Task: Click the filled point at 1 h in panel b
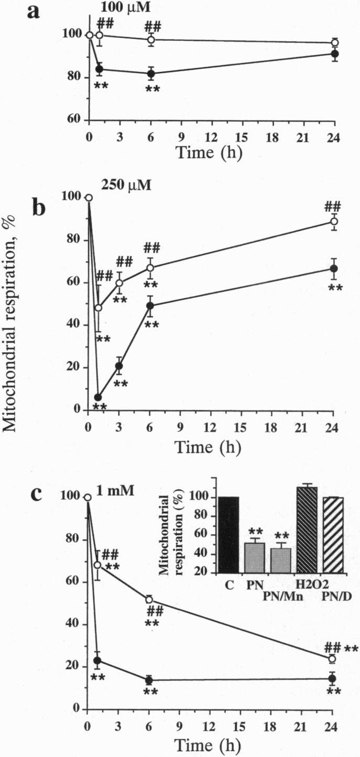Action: pyautogui.click(x=98, y=397)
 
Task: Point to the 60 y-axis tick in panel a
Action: pyautogui.click(x=76, y=120)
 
